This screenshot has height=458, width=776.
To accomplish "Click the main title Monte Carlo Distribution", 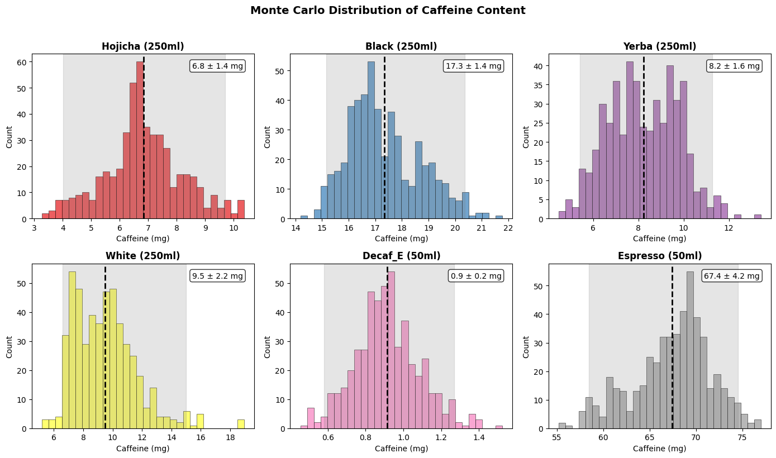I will click(x=388, y=11).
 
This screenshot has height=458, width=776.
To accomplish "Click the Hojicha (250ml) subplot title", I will click(x=142, y=46).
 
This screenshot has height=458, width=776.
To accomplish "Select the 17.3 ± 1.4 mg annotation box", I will click(x=473, y=66).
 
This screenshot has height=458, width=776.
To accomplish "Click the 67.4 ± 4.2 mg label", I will click(x=732, y=276).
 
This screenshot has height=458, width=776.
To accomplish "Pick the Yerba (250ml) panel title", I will click(x=659, y=46).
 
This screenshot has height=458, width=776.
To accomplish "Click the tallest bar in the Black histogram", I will click(x=371, y=140).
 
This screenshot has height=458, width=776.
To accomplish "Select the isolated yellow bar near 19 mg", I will click(x=241, y=424).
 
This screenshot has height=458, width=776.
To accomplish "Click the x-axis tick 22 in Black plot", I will click(x=508, y=228).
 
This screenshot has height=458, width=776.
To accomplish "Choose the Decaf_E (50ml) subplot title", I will click(x=401, y=256).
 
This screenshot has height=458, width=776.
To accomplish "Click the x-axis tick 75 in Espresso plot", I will click(x=741, y=437).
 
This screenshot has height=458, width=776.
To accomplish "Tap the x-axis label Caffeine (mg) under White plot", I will click(x=142, y=449).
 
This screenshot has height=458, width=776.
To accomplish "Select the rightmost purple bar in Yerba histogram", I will click(x=758, y=217).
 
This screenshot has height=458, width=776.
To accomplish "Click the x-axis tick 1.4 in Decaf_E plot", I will click(x=479, y=437).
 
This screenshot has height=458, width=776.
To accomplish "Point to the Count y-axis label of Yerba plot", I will click(x=526, y=137).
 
